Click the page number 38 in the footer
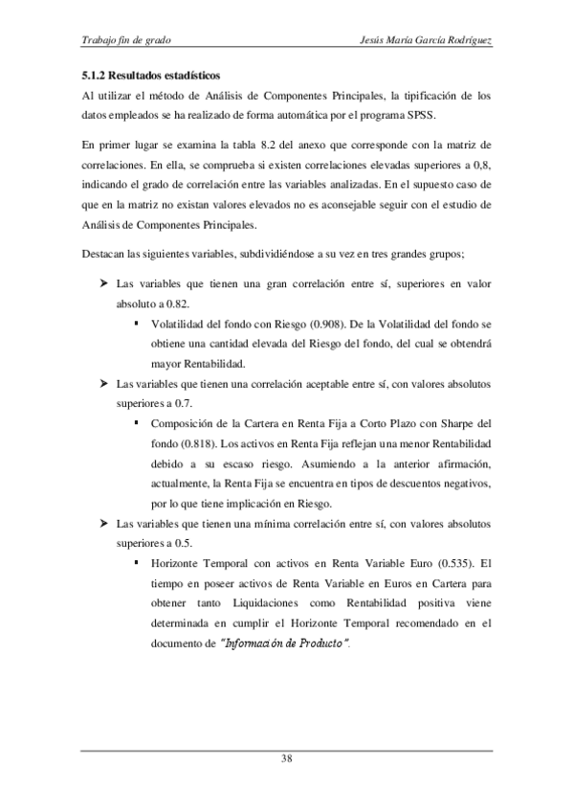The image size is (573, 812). click(x=286, y=759)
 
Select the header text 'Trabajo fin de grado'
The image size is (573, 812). click(x=127, y=41)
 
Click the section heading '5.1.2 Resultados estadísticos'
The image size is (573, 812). click(x=150, y=76)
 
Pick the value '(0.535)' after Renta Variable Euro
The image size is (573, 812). click(x=457, y=564)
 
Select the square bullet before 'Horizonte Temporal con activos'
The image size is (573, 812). click(x=138, y=564)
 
